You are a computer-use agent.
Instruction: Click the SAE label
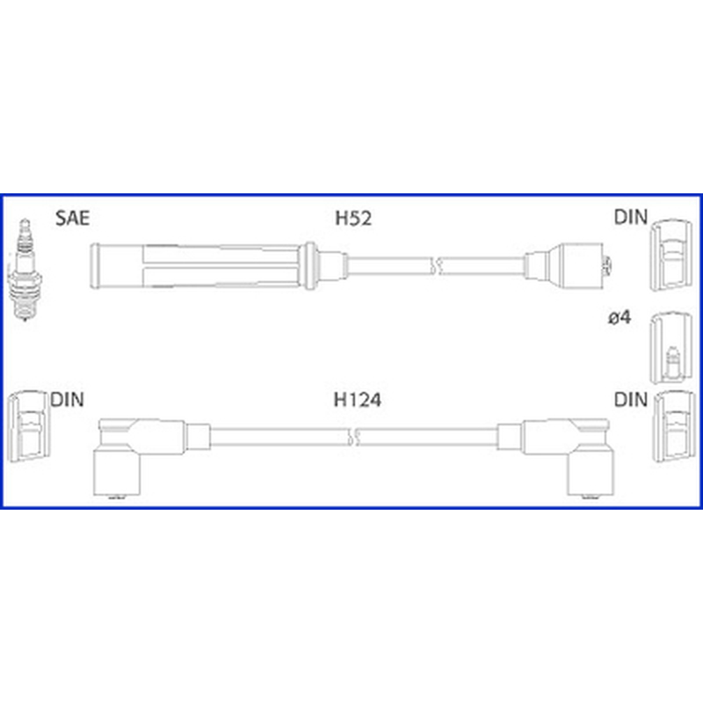pyautogui.click(x=73, y=218)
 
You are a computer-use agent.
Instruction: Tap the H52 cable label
pyautogui.click(x=353, y=218)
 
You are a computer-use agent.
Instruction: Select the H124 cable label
pyautogui.click(x=358, y=400)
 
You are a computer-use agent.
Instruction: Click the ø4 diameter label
pyautogui.click(x=620, y=317)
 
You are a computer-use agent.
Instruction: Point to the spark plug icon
pyautogui.click(x=25, y=270)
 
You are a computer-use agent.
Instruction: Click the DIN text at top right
pyautogui.click(x=631, y=217)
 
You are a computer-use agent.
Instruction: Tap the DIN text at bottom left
pyautogui.click(x=68, y=400)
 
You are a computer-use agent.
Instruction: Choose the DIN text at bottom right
pyautogui.click(x=631, y=400)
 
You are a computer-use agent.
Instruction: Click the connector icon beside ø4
pyautogui.click(x=671, y=348)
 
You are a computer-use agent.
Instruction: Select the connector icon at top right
pyautogui.click(x=671, y=255)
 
